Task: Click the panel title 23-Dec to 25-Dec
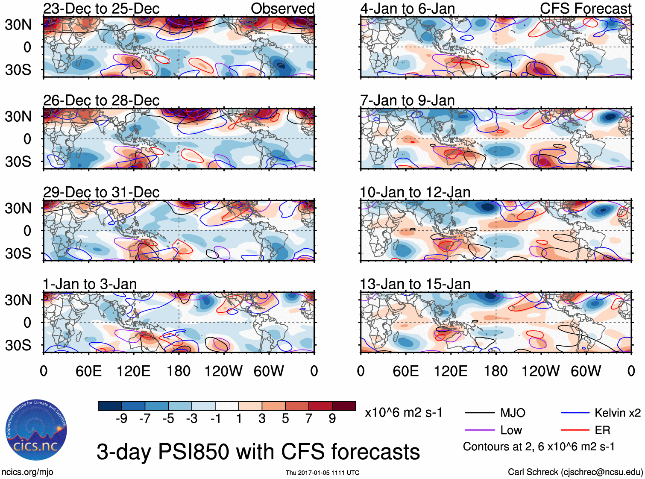(x=101, y=9)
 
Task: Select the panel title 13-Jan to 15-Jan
(x=415, y=284)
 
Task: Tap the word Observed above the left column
(x=282, y=9)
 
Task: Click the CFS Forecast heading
(x=585, y=9)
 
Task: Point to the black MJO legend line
(x=480, y=413)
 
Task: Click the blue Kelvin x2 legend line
(x=575, y=413)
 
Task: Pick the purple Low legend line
(x=480, y=430)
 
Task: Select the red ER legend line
(x=575, y=430)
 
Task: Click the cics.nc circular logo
(x=36, y=430)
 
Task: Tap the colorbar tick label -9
(x=121, y=419)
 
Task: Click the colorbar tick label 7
(x=309, y=419)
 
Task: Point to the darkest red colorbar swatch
(x=344, y=406)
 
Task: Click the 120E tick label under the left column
(x=133, y=371)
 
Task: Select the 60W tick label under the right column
(x=586, y=371)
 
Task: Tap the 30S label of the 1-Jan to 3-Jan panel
(x=18, y=345)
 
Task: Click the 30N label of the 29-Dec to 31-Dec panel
(x=18, y=209)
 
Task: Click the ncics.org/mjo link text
(x=27, y=472)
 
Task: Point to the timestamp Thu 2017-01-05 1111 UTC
(x=322, y=473)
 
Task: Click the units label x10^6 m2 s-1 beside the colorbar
(x=403, y=413)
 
